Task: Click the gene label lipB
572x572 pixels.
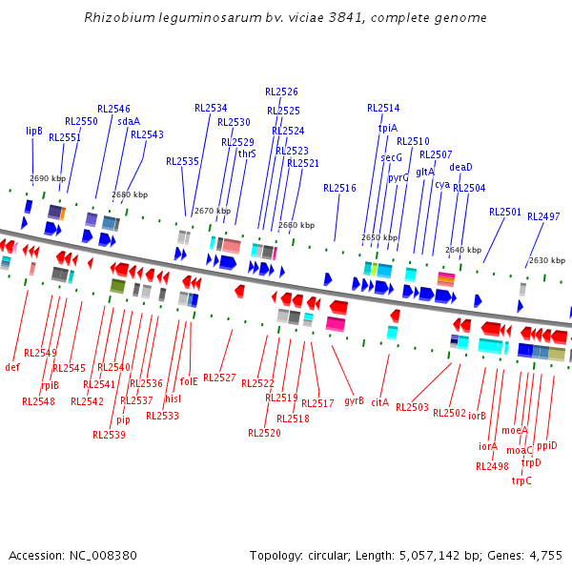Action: (x=34, y=131)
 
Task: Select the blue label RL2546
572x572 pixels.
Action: (x=113, y=110)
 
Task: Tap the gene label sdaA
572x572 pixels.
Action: (x=129, y=121)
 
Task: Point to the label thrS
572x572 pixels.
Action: (x=247, y=153)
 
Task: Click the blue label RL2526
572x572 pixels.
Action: (x=281, y=92)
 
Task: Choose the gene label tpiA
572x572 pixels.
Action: (x=388, y=128)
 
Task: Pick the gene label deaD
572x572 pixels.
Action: (x=460, y=167)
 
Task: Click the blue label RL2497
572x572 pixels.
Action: (x=543, y=217)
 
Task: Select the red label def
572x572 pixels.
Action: (x=12, y=367)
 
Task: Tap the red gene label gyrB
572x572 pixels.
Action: (x=354, y=400)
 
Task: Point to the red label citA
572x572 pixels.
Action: (x=380, y=403)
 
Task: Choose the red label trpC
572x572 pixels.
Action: (x=521, y=480)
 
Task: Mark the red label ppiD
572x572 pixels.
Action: (x=546, y=445)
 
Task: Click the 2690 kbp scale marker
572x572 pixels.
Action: (x=48, y=178)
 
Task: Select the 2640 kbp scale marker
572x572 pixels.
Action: (x=463, y=250)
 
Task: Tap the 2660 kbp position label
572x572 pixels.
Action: (x=296, y=226)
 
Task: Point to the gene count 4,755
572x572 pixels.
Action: (x=545, y=555)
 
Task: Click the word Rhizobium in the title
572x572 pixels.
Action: (x=114, y=18)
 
